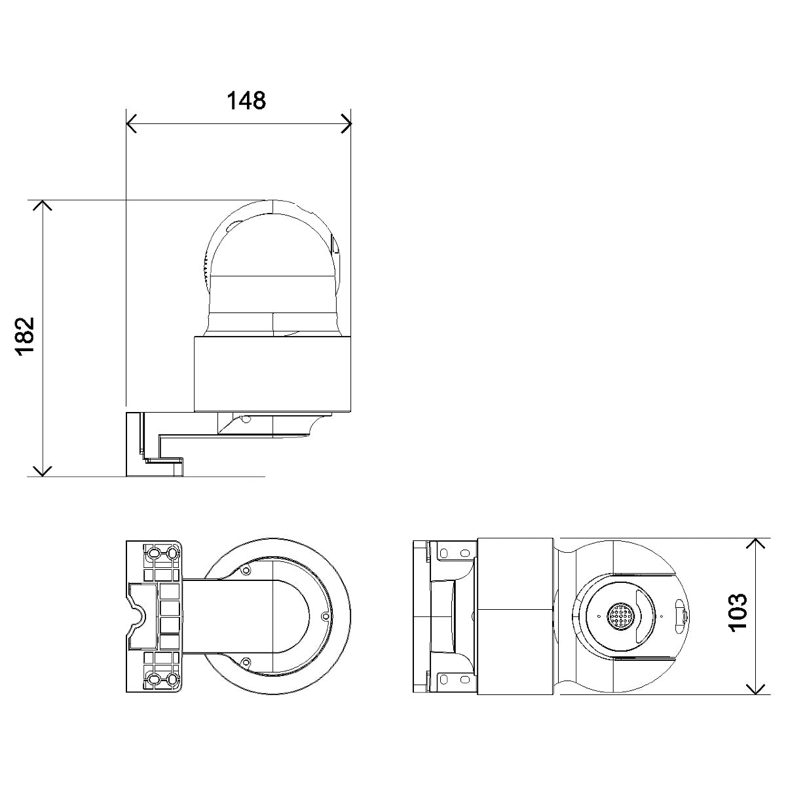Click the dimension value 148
pos(246,100)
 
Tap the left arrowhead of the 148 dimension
pos(130,122)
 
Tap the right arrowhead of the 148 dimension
pos(347,122)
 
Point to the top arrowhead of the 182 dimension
pos(43,205)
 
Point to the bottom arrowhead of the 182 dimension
pos(43,471)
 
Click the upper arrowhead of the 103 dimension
pos(757,544)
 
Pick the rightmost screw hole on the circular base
pos(326,616)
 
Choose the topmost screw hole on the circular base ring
pos(246,571)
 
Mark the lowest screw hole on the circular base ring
pos(246,661)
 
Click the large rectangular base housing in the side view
pos(272,373)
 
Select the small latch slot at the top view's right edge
pos(681,616)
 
